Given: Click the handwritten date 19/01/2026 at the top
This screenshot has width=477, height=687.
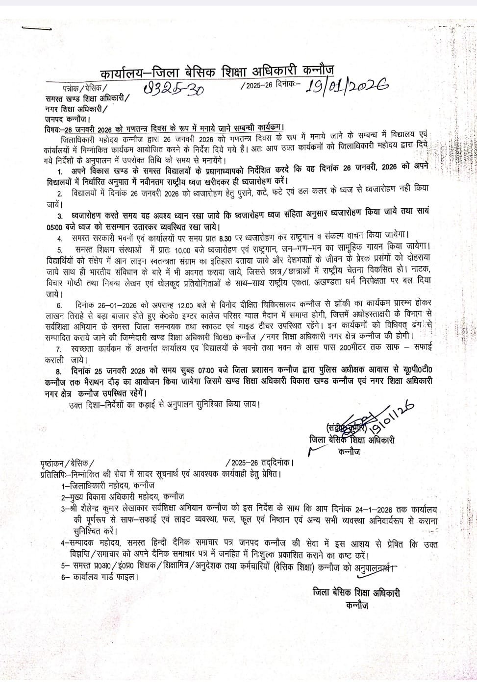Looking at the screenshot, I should click(346, 86).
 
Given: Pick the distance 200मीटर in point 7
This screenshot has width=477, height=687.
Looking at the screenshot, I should click(355, 349).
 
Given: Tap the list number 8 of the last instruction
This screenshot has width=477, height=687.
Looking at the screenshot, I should click(59, 371).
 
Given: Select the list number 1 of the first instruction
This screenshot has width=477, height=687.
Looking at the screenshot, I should click(60, 172).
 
